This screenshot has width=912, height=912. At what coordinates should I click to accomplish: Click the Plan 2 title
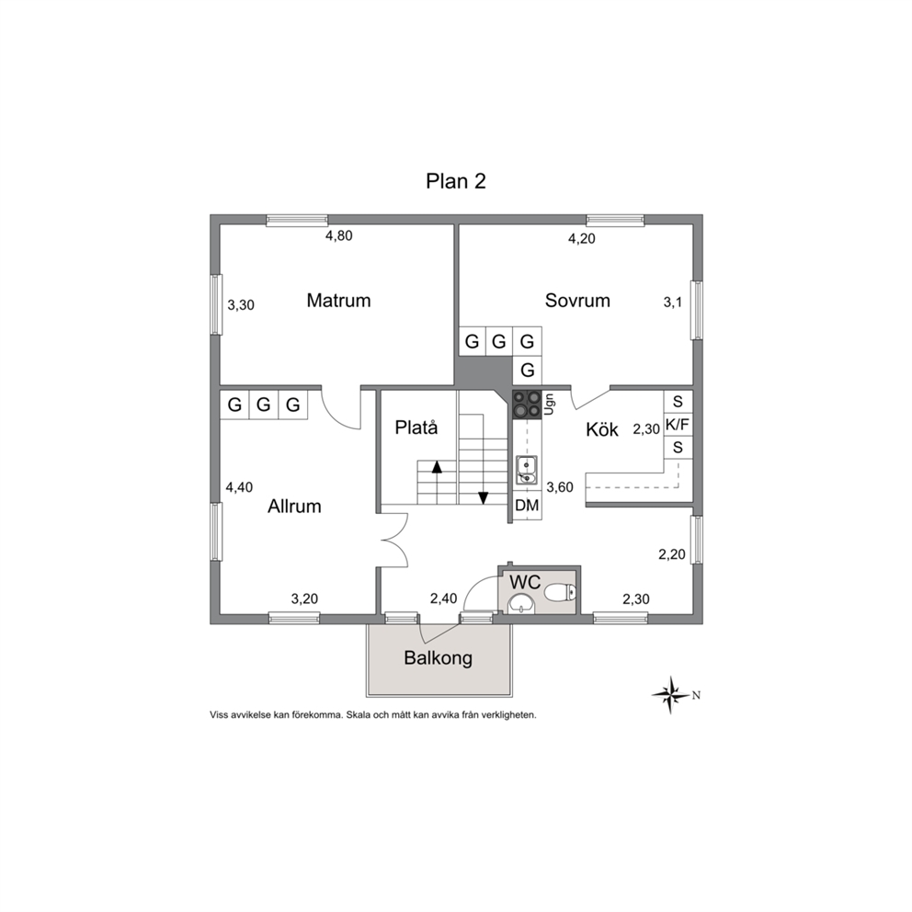[x=455, y=181]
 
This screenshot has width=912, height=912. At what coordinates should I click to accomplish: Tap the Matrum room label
[x=338, y=300]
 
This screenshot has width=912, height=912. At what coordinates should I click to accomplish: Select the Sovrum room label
[x=577, y=300]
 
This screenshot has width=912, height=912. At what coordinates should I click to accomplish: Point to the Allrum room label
[x=294, y=506]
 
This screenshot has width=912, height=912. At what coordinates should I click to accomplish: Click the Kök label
[x=602, y=429]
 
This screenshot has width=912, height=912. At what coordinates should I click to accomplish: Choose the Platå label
[x=416, y=427]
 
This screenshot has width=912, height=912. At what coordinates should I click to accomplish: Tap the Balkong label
[x=438, y=658]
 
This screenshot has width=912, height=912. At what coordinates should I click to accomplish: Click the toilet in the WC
[x=561, y=593]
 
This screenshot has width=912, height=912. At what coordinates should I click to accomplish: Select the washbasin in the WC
[x=521, y=602]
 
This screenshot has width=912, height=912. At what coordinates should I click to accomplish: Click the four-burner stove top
[x=527, y=405]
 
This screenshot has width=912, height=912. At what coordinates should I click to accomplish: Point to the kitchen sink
[x=527, y=470]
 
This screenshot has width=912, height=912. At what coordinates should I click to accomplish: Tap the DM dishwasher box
[x=527, y=506]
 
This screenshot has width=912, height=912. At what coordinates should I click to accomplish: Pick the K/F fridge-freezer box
[x=678, y=425]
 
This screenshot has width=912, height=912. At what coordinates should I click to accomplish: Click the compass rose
[x=671, y=694]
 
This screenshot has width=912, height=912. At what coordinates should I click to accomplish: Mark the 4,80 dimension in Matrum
[x=338, y=235]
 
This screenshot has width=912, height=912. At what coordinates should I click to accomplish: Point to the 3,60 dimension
[x=560, y=487]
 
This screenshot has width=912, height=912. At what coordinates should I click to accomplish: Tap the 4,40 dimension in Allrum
[x=239, y=487]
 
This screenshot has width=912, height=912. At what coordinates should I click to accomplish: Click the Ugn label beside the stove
[x=550, y=405]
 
